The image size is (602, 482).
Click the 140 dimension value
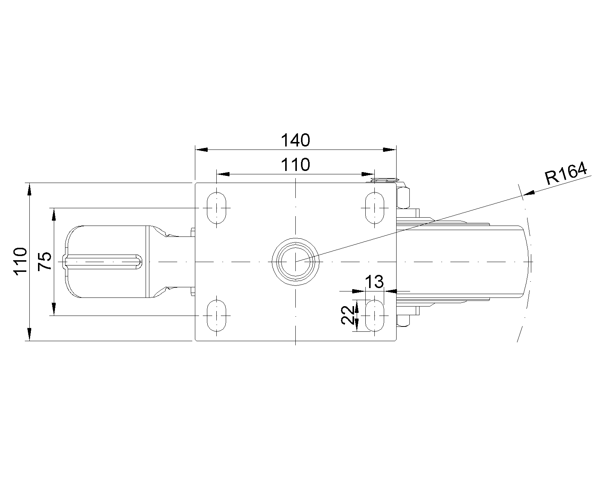[x=295, y=140]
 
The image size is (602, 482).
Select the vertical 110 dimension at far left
[x=20, y=261]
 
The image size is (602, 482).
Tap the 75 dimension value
[x=45, y=261]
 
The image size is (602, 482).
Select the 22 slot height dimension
[x=347, y=315]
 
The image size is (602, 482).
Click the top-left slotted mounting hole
[x=216, y=208]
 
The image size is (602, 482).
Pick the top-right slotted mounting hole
[x=375, y=208]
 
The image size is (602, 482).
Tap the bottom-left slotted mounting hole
[x=216, y=316]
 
